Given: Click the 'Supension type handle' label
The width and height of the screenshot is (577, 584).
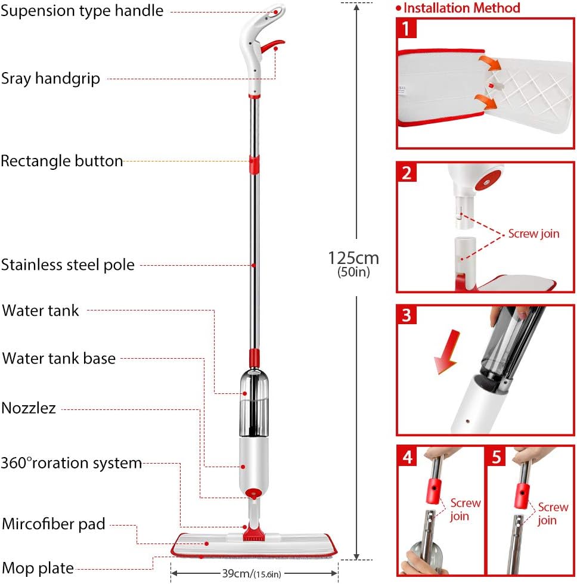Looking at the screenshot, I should point(82,11).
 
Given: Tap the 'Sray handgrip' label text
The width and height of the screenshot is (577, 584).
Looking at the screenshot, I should point(50,79).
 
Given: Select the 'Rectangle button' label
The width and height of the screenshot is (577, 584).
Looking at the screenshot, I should point(62,161).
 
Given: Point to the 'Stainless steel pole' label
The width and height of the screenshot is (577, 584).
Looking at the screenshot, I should point(67,265).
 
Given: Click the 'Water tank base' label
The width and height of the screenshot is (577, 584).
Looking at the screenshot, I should point(59,359).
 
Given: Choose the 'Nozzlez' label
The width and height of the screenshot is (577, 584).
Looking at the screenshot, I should point(29,408).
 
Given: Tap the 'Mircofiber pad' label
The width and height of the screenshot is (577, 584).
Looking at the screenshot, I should point(54,524).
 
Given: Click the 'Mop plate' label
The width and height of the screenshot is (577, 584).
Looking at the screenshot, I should point(38,567).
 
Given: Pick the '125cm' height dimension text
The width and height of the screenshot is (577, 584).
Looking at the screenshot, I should point(353,257).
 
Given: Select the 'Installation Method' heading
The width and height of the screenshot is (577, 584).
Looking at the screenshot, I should point(461,8).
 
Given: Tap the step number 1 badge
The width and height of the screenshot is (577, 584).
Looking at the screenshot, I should point(407,28).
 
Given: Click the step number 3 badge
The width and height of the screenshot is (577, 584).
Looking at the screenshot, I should point(407,315).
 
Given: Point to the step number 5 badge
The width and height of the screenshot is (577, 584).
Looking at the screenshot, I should point(496,457).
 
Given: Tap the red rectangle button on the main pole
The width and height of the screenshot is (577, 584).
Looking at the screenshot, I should point(255,164).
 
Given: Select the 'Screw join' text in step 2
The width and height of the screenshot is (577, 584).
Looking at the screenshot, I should point(533,234).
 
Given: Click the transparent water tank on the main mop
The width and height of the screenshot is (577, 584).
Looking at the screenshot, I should point(253,403).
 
